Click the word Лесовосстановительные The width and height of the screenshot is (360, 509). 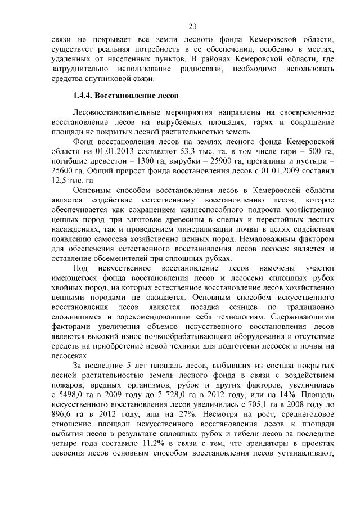click(x=118, y=113)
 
